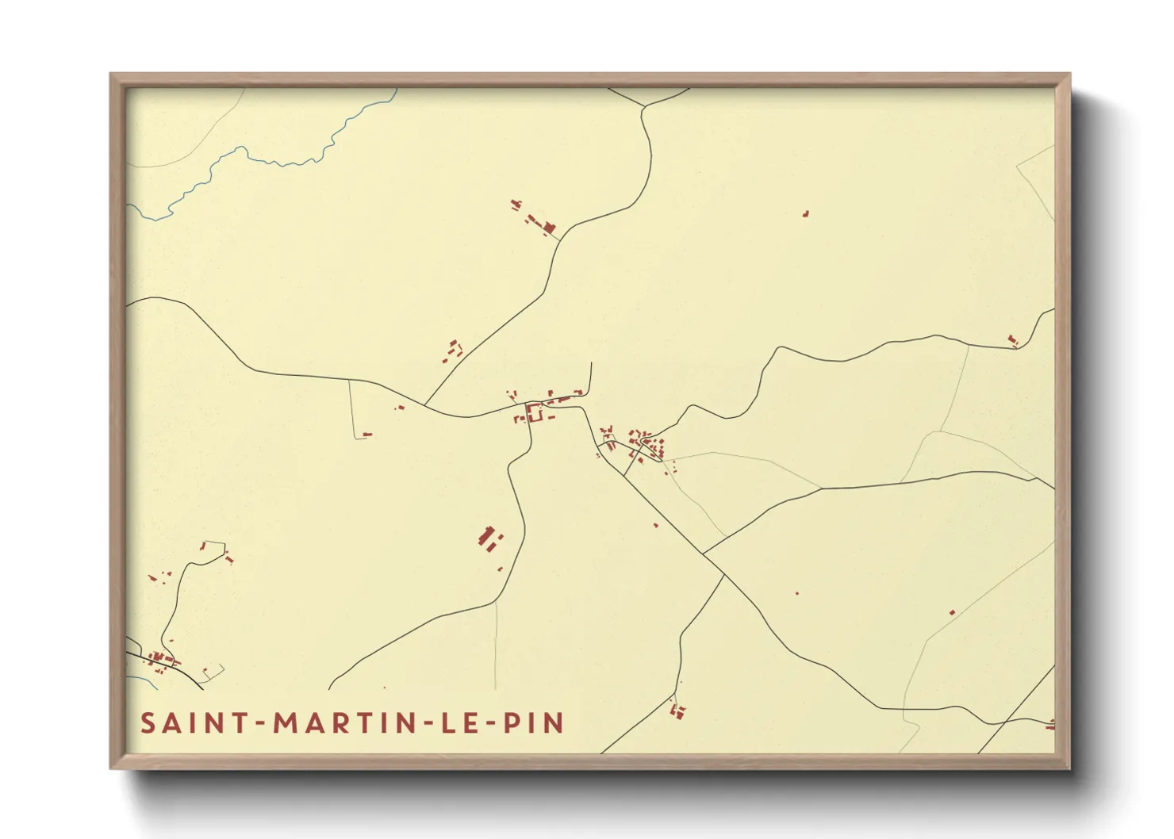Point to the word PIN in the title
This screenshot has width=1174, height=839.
(x=535, y=723)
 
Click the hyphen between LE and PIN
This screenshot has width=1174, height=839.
(x=491, y=724)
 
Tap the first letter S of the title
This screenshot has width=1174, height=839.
(x=148, y=723)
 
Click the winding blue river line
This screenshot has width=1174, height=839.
(x=262, y=158)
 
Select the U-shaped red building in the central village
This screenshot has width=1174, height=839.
(x=534, y=412)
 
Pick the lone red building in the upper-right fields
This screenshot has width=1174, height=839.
(x=805, y=213)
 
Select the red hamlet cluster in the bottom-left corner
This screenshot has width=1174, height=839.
(x=161, y=660)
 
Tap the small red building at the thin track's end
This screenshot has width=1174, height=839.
(x=366, y=434)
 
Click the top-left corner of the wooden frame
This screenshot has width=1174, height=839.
(x=112, y=75)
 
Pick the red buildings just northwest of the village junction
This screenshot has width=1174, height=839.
(x=453, y=350)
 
